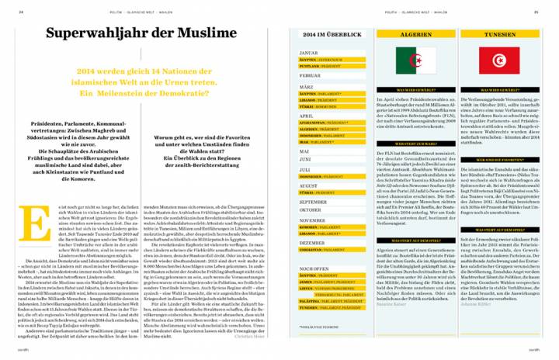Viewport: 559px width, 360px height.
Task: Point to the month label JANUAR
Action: tap(309, 53)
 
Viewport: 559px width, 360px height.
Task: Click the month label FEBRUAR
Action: tap(311, 77)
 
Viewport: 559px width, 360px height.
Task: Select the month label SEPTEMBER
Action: tap(313, 202)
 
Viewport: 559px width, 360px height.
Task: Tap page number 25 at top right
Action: tap(536, 12)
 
